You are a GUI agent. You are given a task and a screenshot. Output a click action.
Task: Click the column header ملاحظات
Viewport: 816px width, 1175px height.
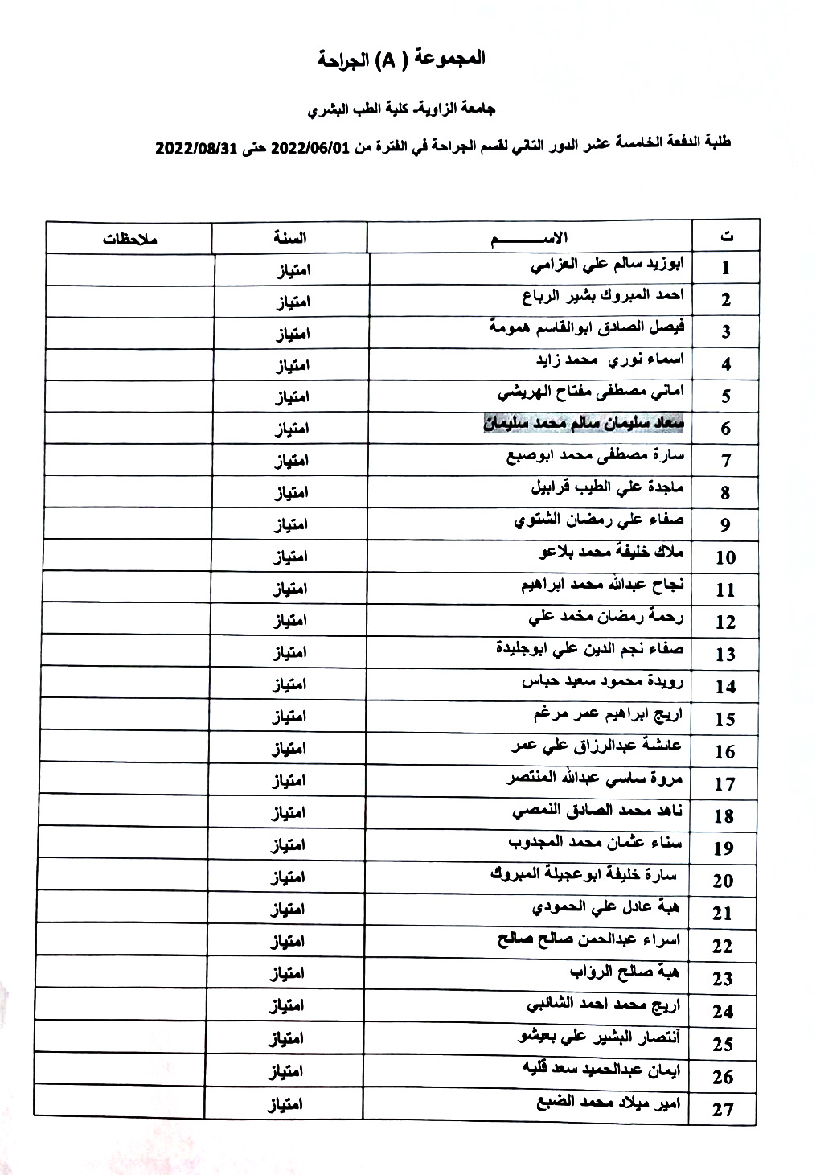(129, 239)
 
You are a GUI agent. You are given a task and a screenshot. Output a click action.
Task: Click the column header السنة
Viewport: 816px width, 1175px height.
(289, 238)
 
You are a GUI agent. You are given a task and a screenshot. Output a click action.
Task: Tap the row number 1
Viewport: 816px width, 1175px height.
(726, 268)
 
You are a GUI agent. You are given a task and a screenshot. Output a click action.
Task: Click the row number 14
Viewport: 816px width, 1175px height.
(725, 687)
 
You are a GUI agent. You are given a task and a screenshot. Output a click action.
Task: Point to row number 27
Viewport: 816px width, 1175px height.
(724, 1110)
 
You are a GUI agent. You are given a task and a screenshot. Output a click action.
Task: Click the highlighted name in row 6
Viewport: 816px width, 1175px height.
(584, 423)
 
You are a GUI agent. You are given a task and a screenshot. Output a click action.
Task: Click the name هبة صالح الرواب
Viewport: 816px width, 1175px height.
(625, 972)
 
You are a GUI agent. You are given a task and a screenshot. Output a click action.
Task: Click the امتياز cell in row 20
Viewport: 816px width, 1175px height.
(287, 877)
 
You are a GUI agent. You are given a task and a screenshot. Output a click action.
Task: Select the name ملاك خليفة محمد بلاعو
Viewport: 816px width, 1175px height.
(610, 553)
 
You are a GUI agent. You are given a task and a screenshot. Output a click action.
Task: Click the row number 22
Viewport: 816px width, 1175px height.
(723, 946)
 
